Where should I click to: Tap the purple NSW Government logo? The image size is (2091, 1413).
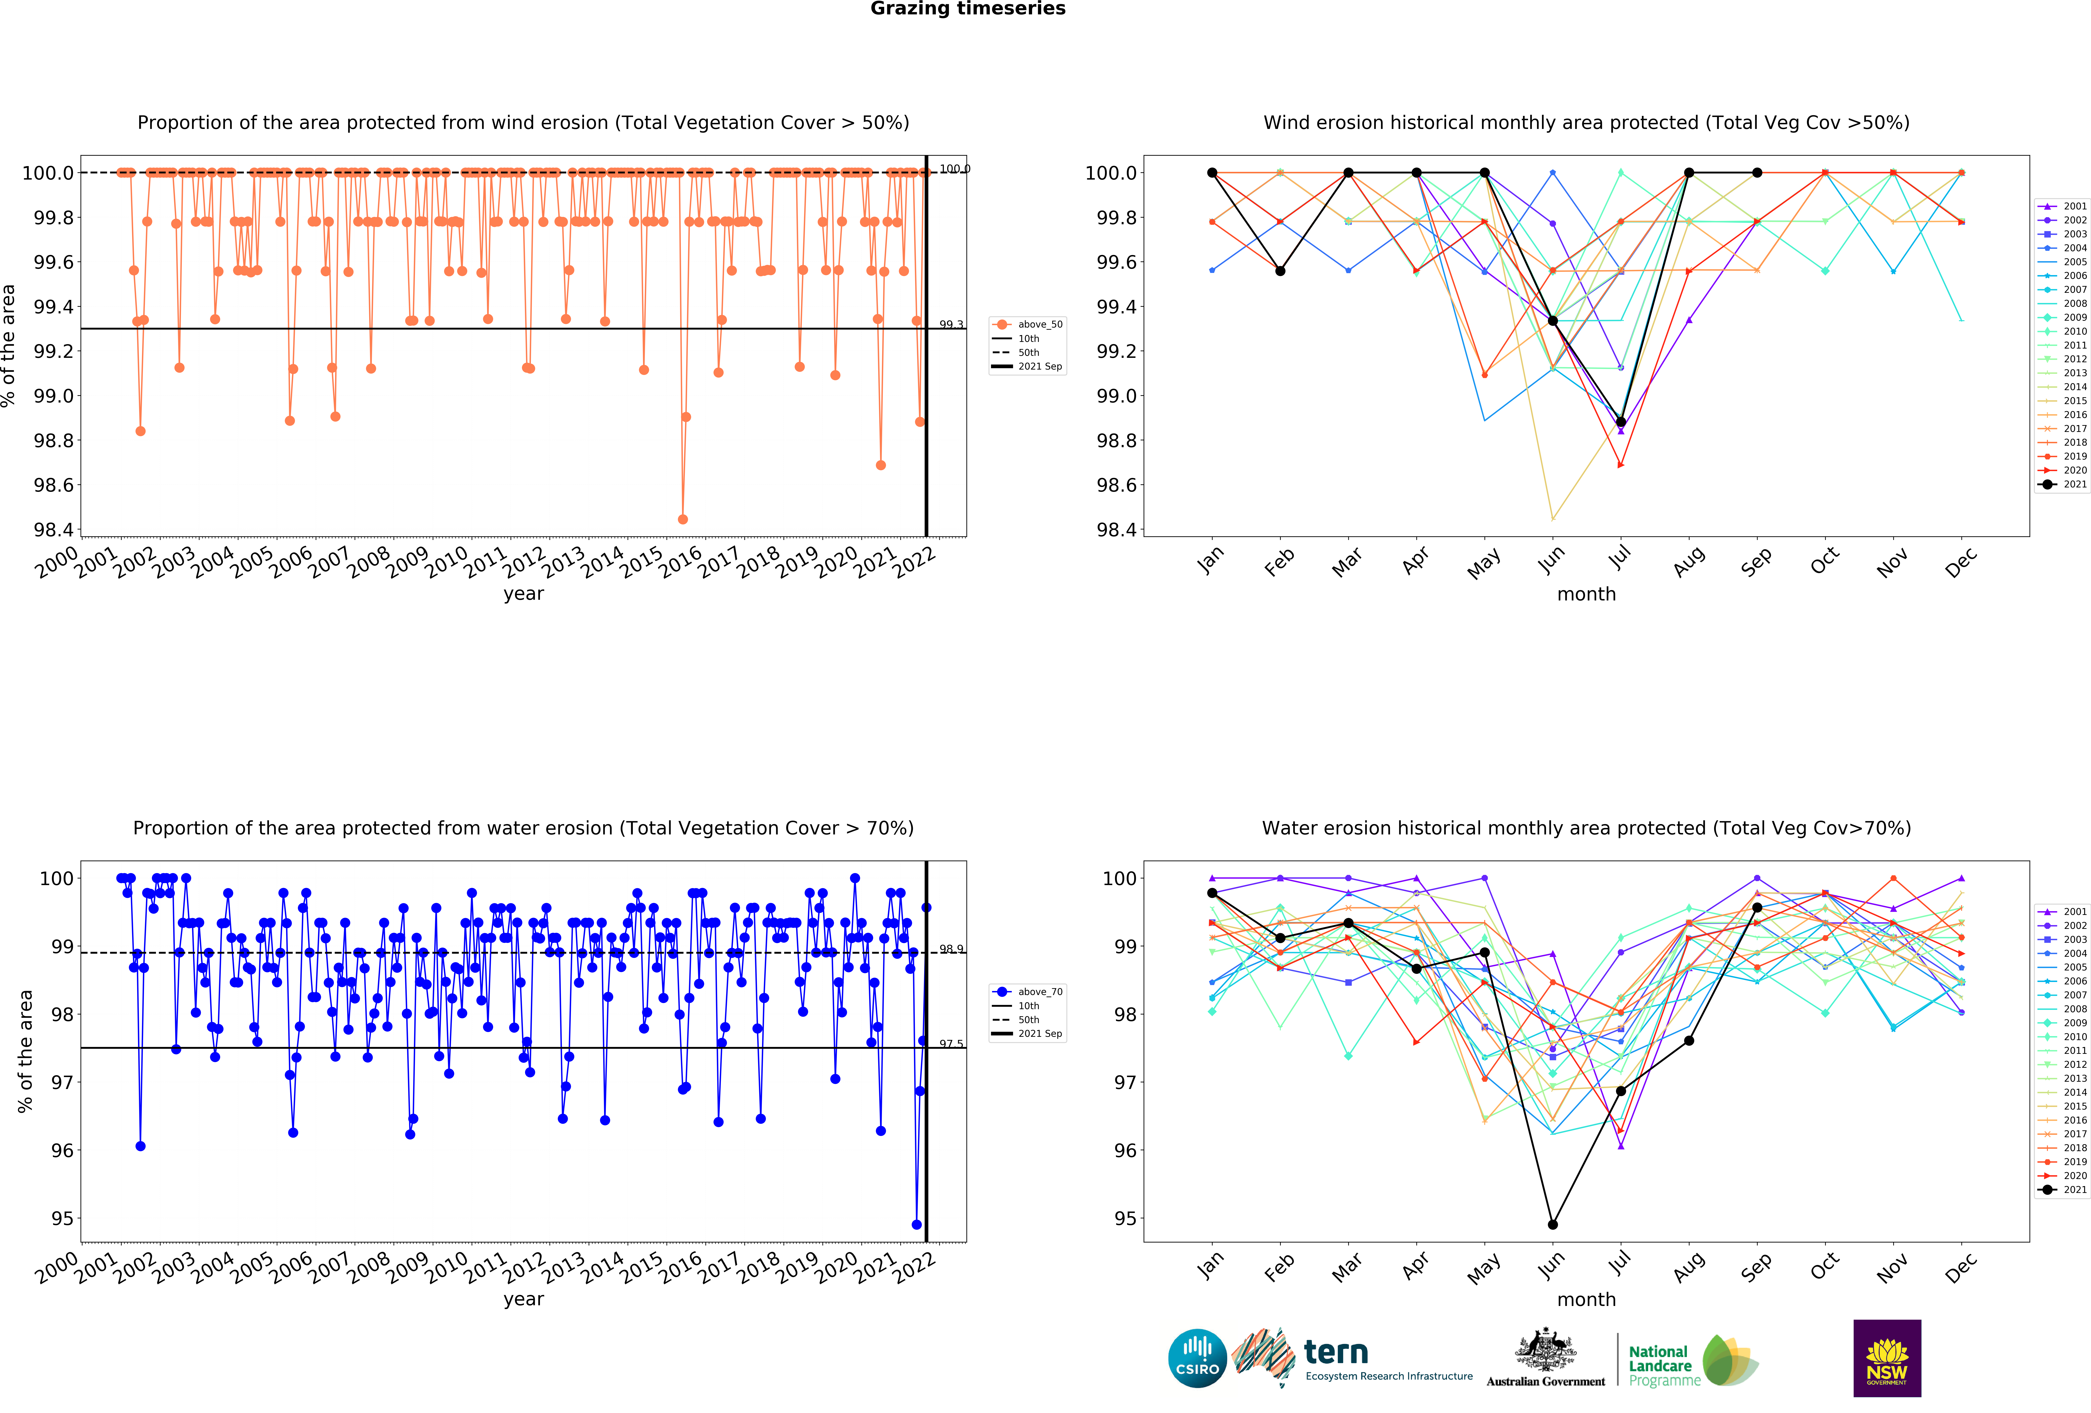coord(1887,1358)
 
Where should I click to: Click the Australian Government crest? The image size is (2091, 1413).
coord(1545,1349)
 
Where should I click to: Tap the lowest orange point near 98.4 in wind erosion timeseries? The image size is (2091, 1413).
coord(683,519)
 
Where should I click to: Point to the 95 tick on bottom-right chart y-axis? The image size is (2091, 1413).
coord(1125,1219)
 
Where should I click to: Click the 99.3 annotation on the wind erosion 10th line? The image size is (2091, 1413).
coord(951,325)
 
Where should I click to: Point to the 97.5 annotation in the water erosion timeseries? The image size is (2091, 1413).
coord(951,1044)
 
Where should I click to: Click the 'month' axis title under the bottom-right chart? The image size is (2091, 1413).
coord(1586,1300)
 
